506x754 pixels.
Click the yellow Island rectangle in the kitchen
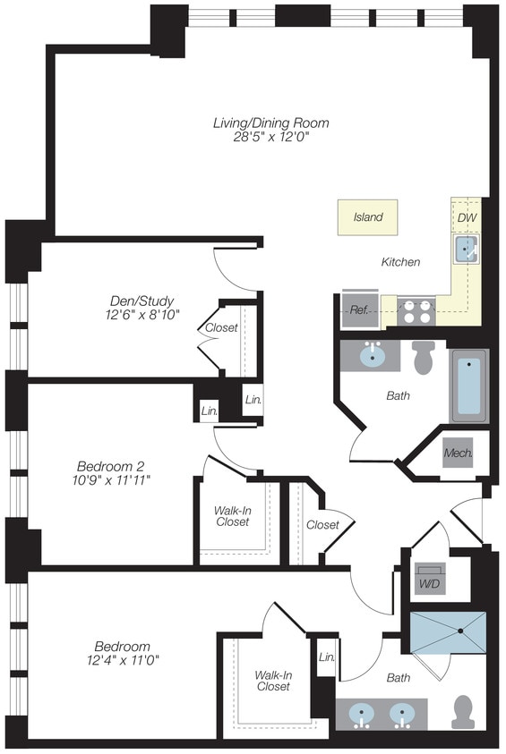tap(367, 217)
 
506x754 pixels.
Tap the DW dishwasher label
tap(467, 217)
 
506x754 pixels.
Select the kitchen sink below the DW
tap(467, 248)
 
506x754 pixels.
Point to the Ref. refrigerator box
tap(359, 309)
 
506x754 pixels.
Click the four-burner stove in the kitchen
tap(416, 310)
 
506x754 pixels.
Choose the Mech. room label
tap(458, 453)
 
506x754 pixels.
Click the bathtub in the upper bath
tap(469, 385)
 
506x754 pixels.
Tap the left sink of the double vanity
tap(363, 715)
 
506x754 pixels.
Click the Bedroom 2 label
tap(110, 465)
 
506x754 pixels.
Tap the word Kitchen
tap(400, 262)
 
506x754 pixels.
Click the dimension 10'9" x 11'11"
tap(112, 480)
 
